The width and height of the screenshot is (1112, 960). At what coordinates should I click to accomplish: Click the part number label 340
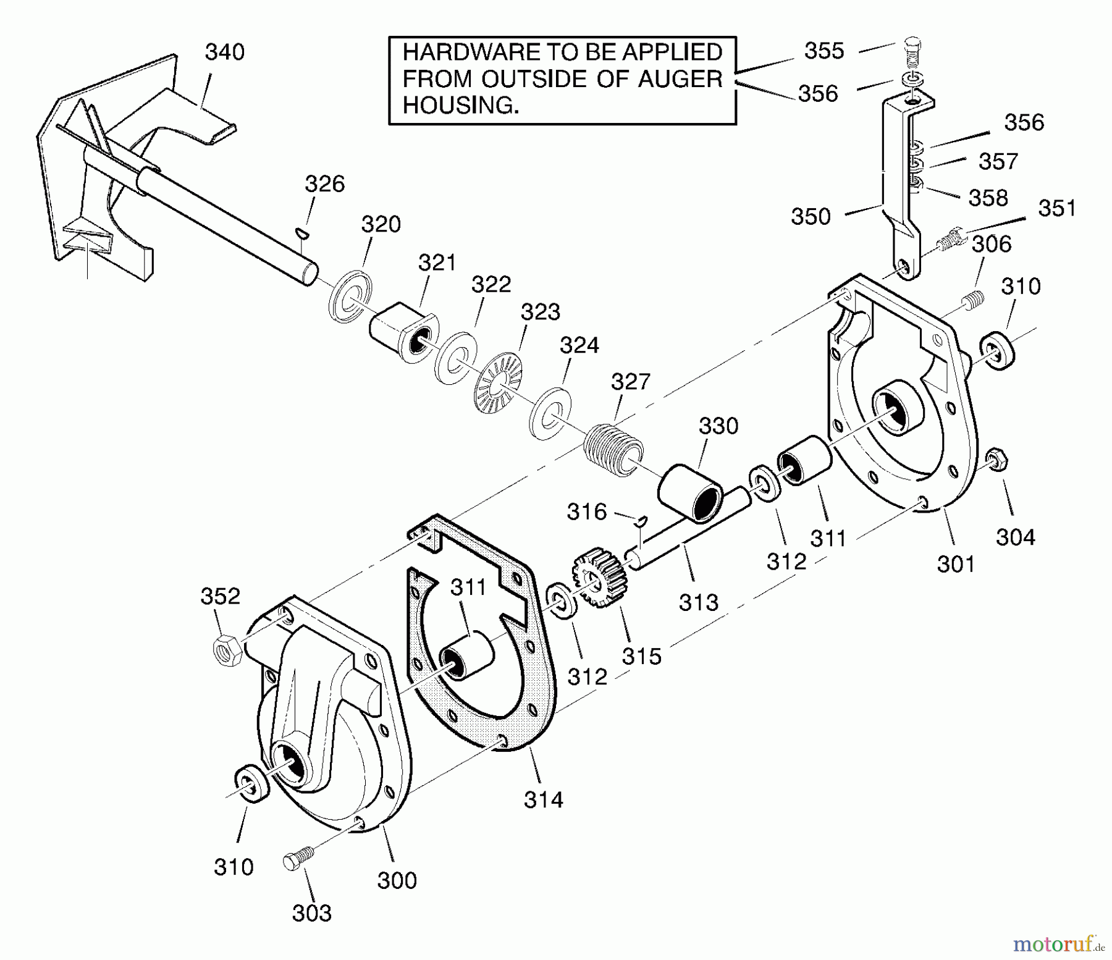224,53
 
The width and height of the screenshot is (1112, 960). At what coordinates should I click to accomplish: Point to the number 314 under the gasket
543,801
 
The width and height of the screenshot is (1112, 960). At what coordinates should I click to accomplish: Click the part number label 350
811,217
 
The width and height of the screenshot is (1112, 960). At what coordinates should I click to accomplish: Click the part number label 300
397,880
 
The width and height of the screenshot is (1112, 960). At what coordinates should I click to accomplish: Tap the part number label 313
698,602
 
